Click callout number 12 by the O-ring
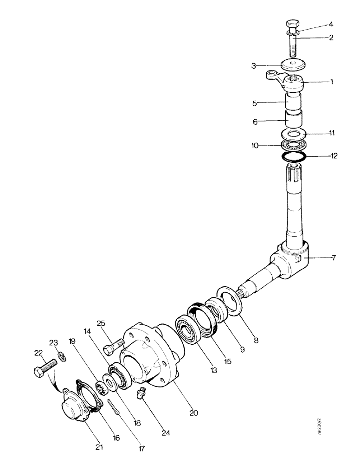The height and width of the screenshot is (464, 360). click(x=334, y=156)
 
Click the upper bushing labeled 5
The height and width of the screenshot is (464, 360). click(x=294, y=103)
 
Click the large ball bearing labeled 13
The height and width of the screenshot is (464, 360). click(x=187, y=331)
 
